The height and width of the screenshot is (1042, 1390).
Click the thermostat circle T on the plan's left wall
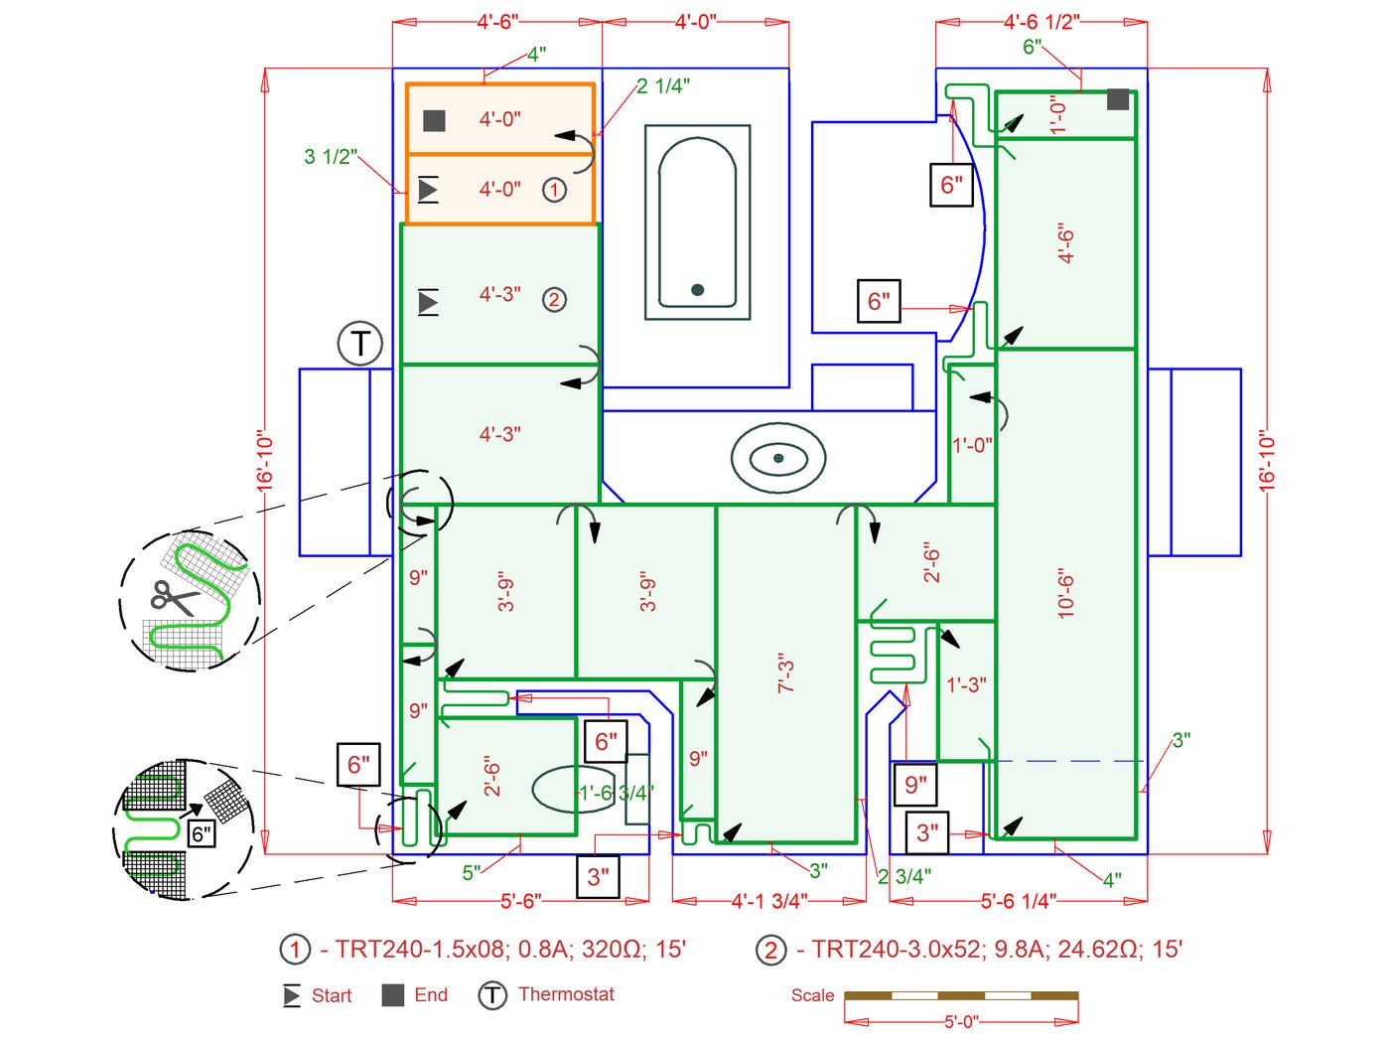[359, 344]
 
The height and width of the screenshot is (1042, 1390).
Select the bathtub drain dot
[697, 290]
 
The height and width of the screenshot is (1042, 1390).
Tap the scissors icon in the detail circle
[174, 597]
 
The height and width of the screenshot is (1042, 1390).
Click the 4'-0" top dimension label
[695, 21]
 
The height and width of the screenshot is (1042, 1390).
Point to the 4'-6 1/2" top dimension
[1042, 21]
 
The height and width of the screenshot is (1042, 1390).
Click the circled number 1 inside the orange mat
[554, 189]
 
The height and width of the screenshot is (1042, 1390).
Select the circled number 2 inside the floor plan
[554, 299]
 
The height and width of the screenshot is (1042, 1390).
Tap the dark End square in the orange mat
[434, 120]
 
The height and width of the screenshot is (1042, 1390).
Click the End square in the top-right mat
[1118, 99]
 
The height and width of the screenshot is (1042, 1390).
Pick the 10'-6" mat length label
[1066, 594]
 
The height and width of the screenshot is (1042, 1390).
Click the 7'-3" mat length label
[786, 673]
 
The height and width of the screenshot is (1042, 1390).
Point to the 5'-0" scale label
[960, 1021]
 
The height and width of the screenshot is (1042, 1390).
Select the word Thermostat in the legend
[566, 994]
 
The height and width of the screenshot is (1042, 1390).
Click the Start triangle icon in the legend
[292, 995]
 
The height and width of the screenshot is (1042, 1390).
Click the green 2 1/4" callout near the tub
[663, 86]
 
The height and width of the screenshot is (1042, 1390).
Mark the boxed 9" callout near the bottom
[915, 785]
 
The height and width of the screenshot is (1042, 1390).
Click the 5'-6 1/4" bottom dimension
[1019, 901]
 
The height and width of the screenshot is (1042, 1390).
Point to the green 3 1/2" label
[331, 156]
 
